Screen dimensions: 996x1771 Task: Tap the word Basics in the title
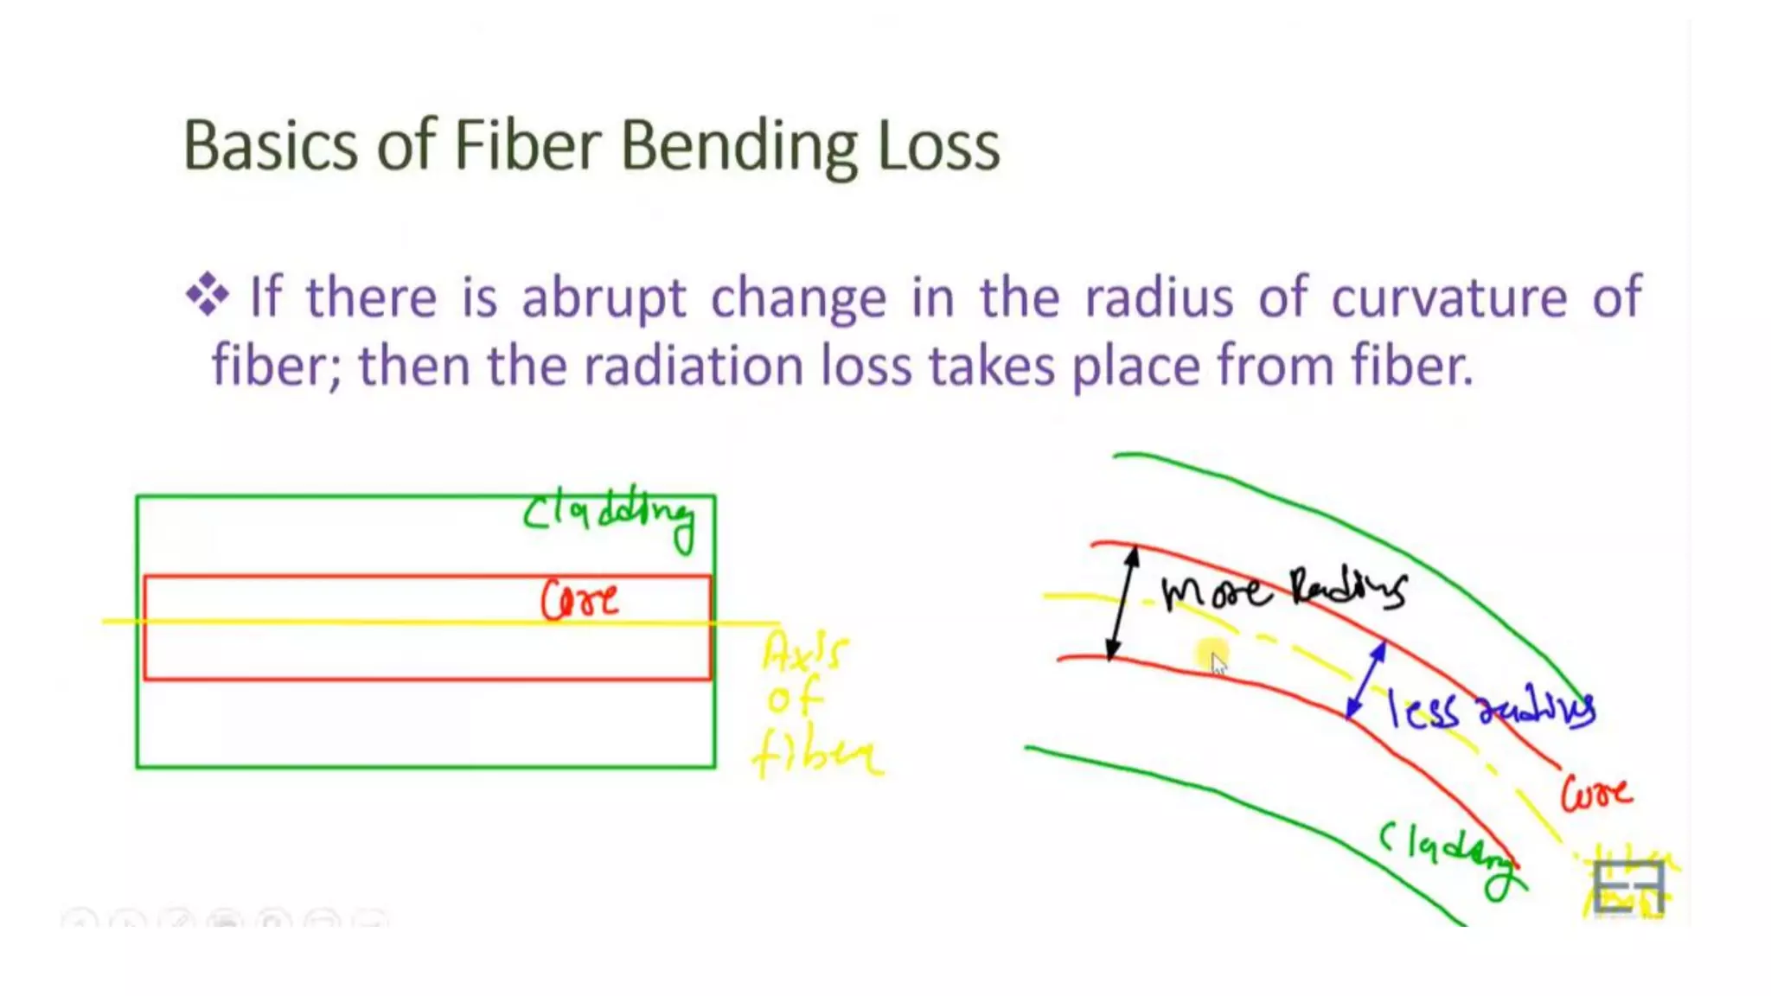tap(270, 145)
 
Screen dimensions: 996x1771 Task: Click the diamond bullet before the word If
tap(208, 295)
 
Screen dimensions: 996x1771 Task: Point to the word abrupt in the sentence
tap(604, 299)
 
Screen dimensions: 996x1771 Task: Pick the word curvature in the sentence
tap(1448, 297)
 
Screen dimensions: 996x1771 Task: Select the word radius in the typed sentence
tap(1159, 297)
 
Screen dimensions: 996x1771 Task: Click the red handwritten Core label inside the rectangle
tap(579, 599)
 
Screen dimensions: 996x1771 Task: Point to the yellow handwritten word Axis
tap(802, 651)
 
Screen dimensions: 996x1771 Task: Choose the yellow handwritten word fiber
tap(817, 755)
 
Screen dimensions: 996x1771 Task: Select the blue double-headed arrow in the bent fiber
tap(1366, 680)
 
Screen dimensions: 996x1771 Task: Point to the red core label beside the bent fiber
tap(1595, 793)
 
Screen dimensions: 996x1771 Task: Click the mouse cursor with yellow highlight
tap(1214, 659)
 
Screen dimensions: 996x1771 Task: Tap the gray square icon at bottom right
tap(1628, 887)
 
